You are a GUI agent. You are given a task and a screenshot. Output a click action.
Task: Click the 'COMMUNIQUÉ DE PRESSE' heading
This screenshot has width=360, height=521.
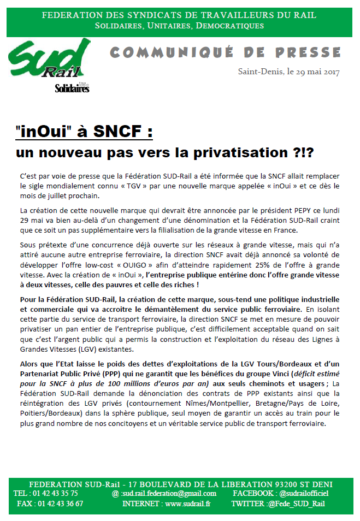225,52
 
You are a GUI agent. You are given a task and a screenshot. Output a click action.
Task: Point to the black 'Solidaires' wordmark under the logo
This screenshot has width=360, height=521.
72,88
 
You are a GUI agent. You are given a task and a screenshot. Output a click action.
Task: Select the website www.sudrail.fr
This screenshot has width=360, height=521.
187,504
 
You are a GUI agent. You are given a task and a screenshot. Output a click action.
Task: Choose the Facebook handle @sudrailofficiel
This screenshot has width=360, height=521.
304,493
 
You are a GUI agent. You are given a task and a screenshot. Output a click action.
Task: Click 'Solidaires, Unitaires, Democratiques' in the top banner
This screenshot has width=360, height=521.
179,26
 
